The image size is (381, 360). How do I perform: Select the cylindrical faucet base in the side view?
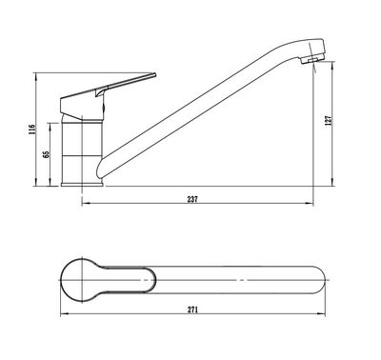(x=81, y=152)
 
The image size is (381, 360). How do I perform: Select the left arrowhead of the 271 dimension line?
(x=64, y=315)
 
